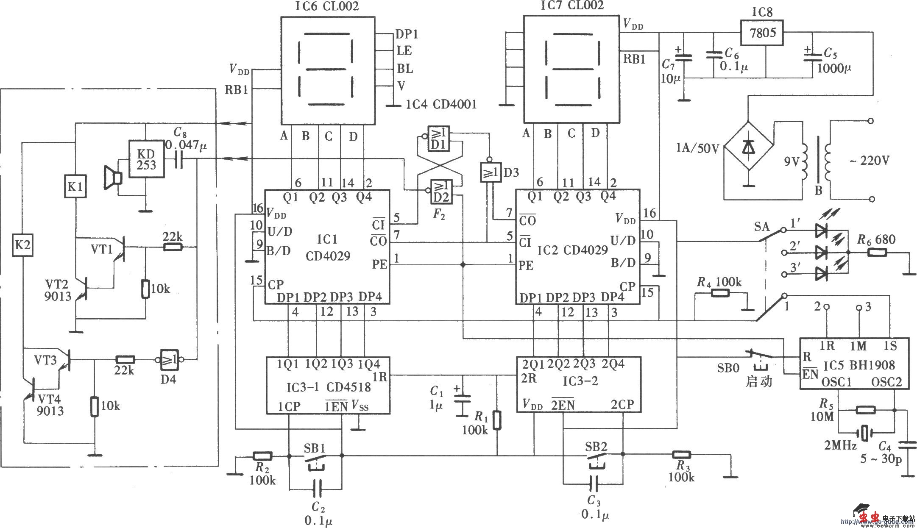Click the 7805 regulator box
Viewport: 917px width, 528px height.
click(x=762, y=32)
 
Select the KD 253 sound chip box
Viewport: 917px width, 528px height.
click(x=146, y=159)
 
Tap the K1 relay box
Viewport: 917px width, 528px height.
click(x=75, y=187)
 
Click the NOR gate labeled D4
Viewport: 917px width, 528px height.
click(x=170, y=359)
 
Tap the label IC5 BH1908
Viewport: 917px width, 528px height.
click(x=859, y=365)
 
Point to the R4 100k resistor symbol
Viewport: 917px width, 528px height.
click(x=719, y=293)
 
